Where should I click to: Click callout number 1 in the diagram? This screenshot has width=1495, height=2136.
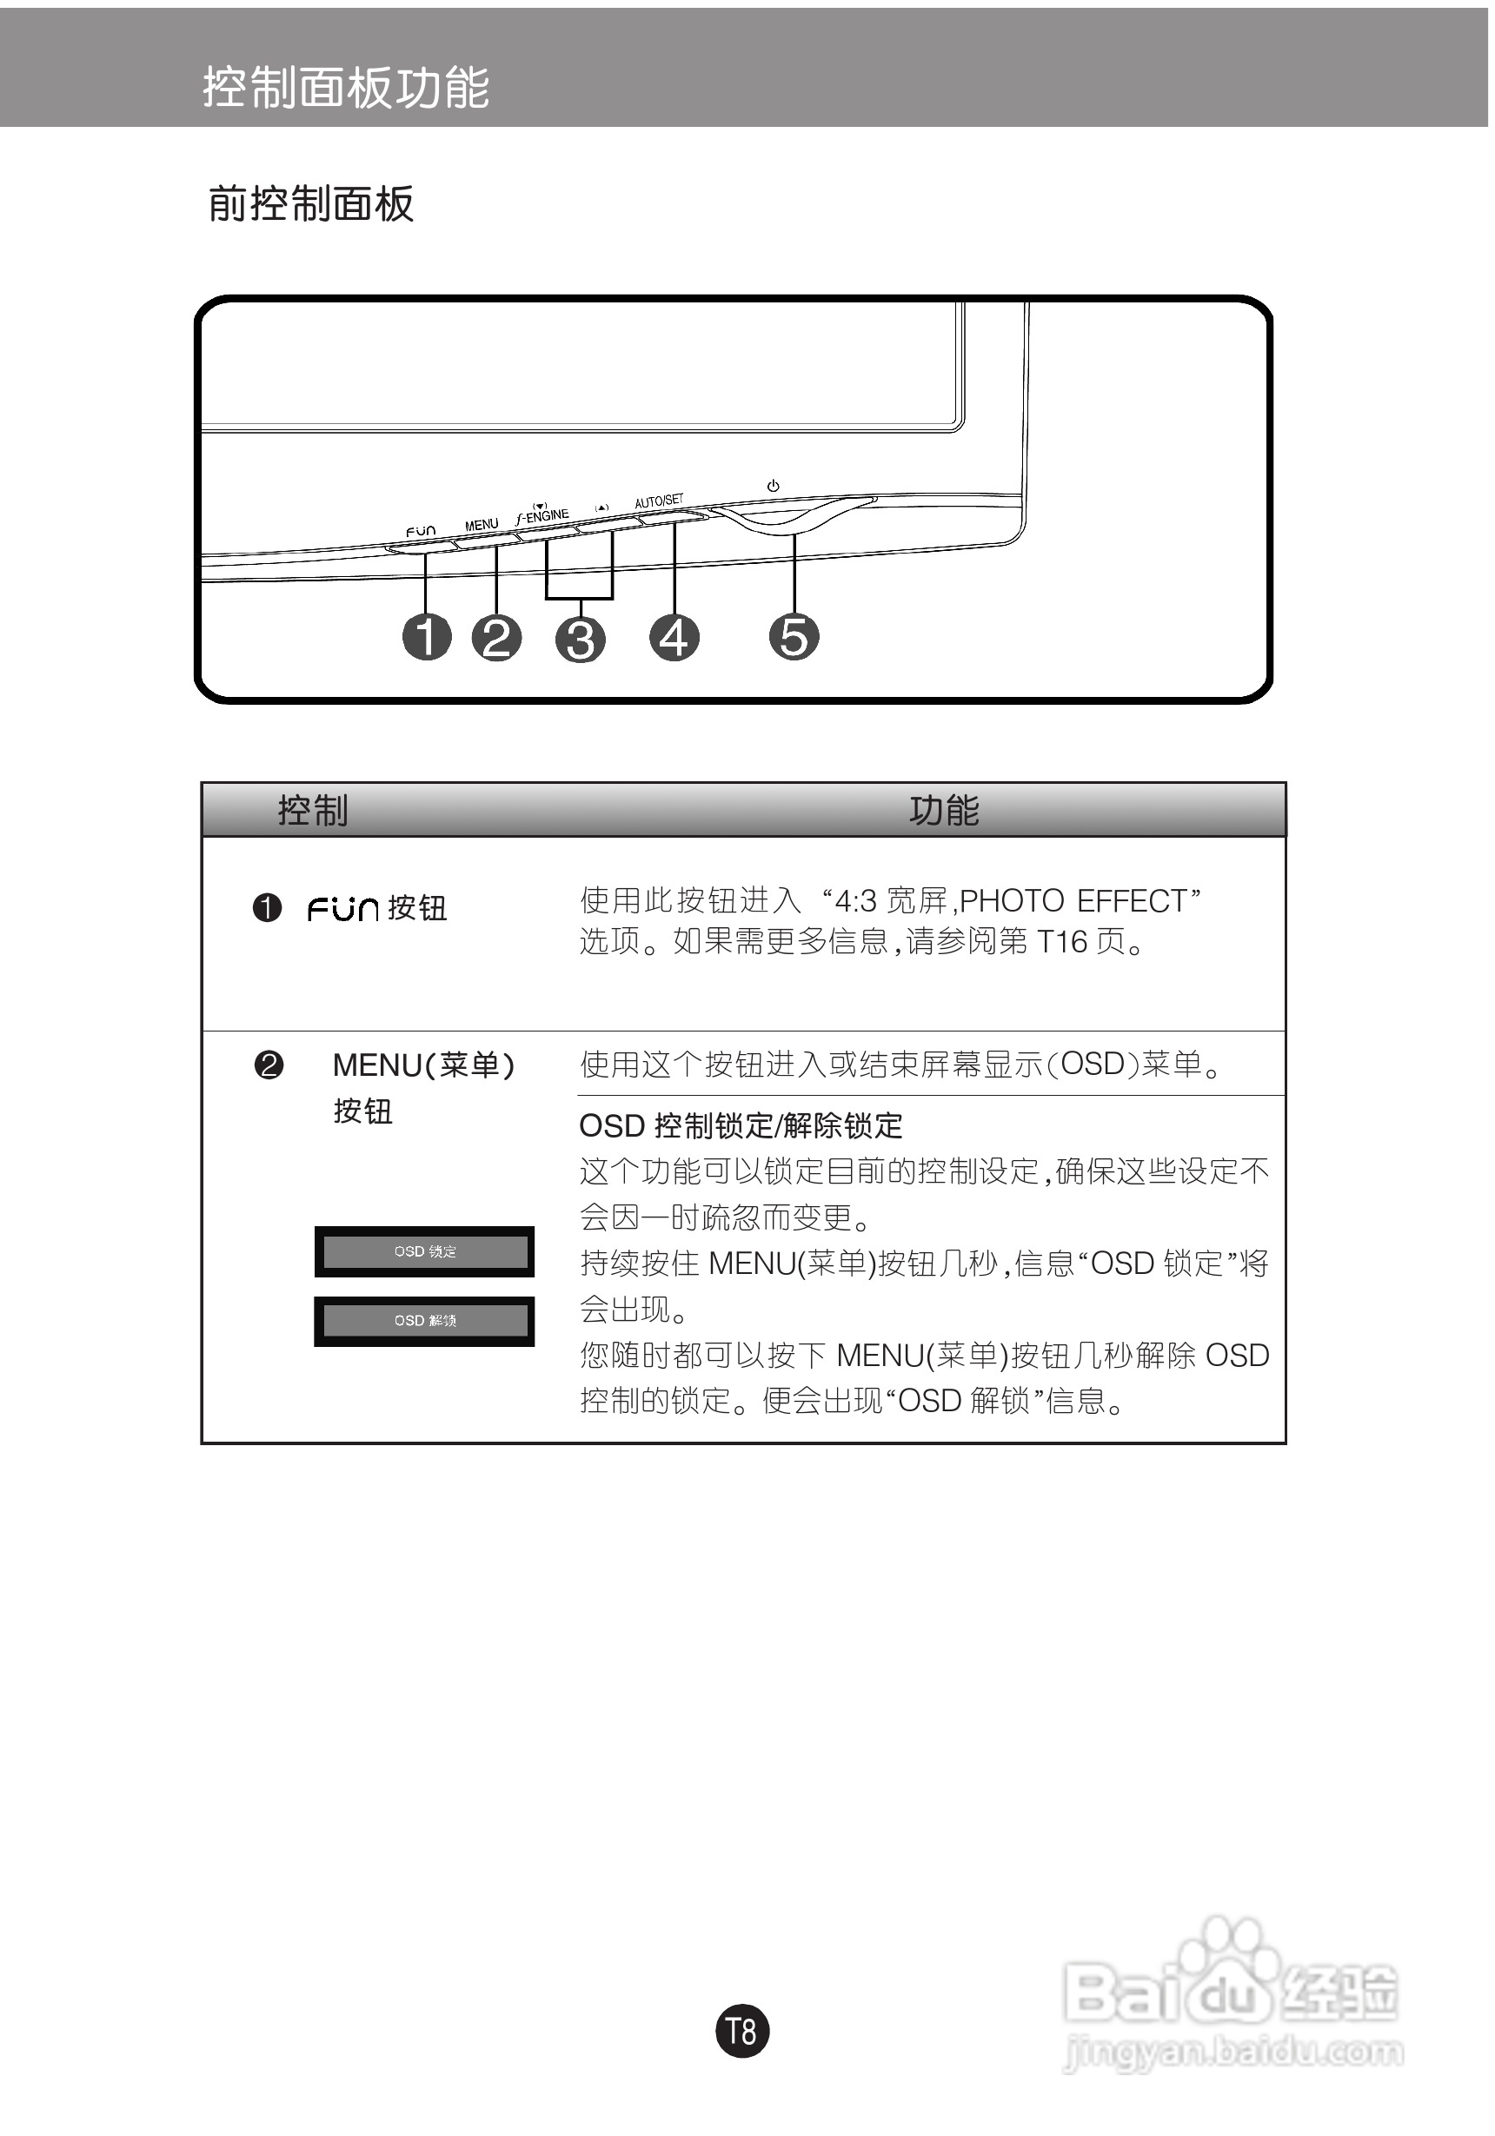point(426,637)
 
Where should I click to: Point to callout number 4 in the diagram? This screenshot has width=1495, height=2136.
point(674,637)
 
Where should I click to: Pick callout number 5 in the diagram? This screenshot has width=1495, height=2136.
point(794,637)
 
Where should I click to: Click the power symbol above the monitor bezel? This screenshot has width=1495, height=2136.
point(772,486)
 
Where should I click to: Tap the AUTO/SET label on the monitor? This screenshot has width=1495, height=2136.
point(659,501)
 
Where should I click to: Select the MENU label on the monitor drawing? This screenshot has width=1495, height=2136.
point(481,525)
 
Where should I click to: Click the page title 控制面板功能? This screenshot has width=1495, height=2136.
point(346,89)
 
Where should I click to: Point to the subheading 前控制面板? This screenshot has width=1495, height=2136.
point(310,203)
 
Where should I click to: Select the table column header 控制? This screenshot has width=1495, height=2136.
point(313,810)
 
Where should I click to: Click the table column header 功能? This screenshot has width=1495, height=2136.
point(943,810)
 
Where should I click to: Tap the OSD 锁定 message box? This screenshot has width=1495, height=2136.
point(424,1251)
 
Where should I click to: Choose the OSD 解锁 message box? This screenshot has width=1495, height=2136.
point(424,1320)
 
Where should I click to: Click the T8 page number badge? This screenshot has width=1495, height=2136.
point(741,2030)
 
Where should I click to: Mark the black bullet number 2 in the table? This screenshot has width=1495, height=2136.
point(268,1065)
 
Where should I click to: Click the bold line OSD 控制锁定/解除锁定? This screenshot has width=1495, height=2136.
point(741,1125)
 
